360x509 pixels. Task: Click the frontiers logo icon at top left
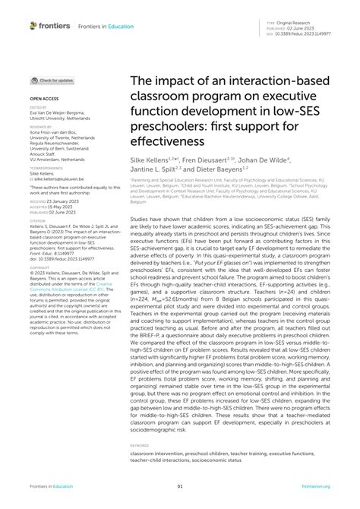pyautogui.click(x=33, y=25)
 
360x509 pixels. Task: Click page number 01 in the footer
pyautogui.click(x=180, y=486)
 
